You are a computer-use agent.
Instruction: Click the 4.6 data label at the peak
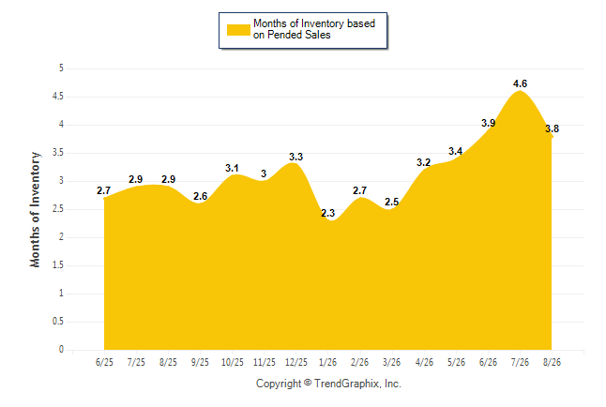pyautogui.click(x=520, y=83)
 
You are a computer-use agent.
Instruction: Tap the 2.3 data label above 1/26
pyautogui.click(x=327, y=213)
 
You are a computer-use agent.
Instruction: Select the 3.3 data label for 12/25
pyautogui.click(x=296, y=157)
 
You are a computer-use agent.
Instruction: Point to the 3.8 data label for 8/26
pyautogui.click(x=552, y=128)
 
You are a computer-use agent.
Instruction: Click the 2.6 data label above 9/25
pyautogui.click(x=200, y=196)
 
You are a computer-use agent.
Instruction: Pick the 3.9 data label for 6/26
pyautogui.click(x=488, y=123)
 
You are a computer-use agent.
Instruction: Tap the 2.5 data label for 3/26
pyautogui.click(x=391, y=202)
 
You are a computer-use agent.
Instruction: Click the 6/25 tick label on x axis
pyautogui.click(x=104, y=362)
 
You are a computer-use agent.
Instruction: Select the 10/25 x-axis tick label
pyautogui.click(x=233, y=362)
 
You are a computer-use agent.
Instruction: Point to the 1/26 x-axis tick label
pyautogui.click(x=327, y=362)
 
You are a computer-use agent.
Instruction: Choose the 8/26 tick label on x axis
pyautogui.click(x=552, y=362)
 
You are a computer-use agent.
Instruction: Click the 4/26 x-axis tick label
pyautogui.click(x=424, y=362)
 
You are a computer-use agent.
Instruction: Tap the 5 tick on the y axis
pyautogui.click(x=61, y=68)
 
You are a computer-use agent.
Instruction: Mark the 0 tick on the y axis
pyautogui.click(x=61, y=350)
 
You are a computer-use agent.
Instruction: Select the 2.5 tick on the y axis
pyautogui.click(x=58, y=209)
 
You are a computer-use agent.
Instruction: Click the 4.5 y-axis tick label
pyautogui.click(x=58, y=97)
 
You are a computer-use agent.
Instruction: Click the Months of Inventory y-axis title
pyautogui.click(x=35, y=209)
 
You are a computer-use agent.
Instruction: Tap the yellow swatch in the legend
pyautogui.click(x=238, y=30)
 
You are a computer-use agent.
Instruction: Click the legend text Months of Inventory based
pyautogui.click(x=314, y=23)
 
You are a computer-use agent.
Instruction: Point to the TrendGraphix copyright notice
pyautogui.click(x=328, y=384)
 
